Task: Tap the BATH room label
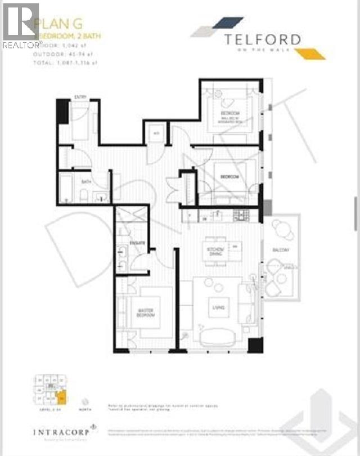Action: tap(86, 182)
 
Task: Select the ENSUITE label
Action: tap(137, 243)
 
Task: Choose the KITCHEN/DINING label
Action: tap(217, 252)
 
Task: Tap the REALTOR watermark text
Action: tap(21, 44)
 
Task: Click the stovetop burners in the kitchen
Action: tap(241, 214)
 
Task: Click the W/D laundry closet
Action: tap(156, 133)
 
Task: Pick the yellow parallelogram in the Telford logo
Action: tap(309, 53)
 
